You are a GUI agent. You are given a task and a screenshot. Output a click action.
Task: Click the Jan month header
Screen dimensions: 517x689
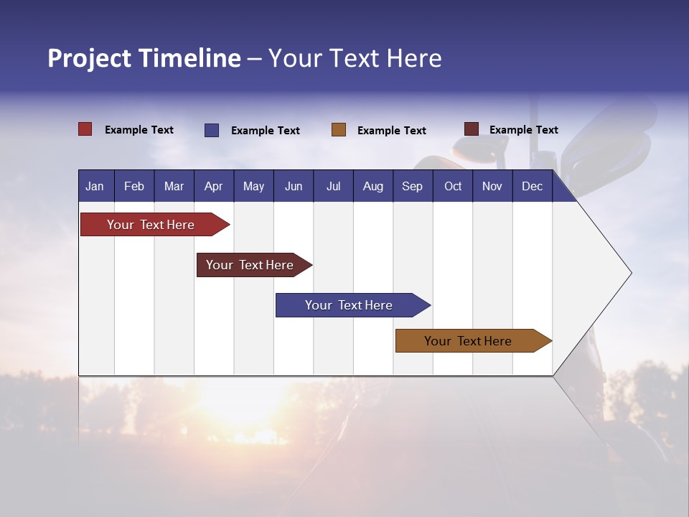pyautogui.click(x=95, y=186)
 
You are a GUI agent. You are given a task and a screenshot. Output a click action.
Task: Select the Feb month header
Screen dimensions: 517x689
pyautogui.click(x=134, y=186)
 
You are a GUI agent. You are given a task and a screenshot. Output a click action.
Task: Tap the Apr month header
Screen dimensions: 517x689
pyautogui.click(x=213, y=186)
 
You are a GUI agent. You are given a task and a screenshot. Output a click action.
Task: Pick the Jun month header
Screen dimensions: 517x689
pyautogui.click(x=294, y=186)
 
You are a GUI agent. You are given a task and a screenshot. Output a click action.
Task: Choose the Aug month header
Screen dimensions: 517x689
pyautogui.click(x=372, y=186)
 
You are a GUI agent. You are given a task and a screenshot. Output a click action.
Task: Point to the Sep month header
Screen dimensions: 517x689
pyautogui.click(x=412, y=186)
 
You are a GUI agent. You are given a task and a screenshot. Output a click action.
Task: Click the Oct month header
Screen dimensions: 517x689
pyautogui.click(x=453, y=186)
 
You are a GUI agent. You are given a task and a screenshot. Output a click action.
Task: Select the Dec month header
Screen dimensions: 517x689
pyautogui.click(x=532, y=186)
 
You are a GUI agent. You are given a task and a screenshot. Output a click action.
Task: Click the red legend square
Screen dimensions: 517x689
pyautogui.click(x=85, y=129)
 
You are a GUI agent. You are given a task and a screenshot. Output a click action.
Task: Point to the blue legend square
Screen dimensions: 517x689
pyautogui.click(x=212, y=130)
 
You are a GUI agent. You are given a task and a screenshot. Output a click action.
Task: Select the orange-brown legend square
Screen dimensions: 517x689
pyautogui.click(x=339, y=130)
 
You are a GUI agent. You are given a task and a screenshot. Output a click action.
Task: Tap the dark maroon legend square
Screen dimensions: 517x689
pyautogui.click(x=472, y=129)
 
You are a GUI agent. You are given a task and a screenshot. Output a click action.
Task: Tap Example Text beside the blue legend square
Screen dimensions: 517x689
pyautogui.click(x=266, y=131)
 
